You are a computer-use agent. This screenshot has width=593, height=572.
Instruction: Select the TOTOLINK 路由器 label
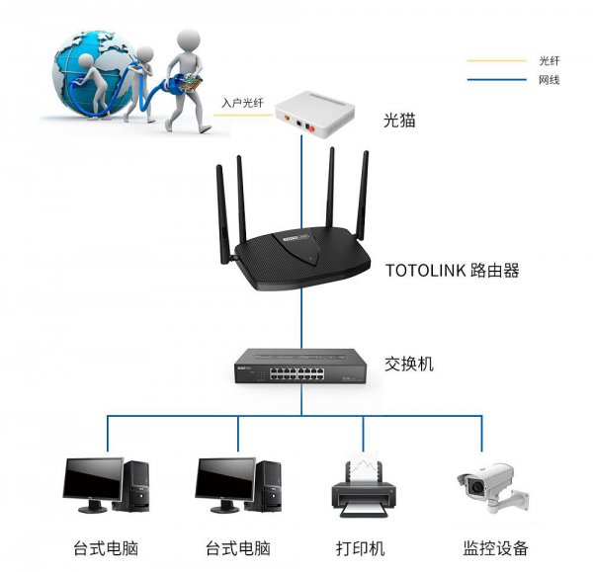tap(451, 270)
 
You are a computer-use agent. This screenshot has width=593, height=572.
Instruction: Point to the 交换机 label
tap(408, 365)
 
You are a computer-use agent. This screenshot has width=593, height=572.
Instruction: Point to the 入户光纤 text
tap(242, 102)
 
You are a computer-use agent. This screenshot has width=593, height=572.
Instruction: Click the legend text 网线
tap(550, 79)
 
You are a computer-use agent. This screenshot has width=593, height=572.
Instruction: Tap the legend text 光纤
tap(550, 60)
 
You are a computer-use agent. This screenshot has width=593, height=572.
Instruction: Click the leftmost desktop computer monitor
tap(93, 480)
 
